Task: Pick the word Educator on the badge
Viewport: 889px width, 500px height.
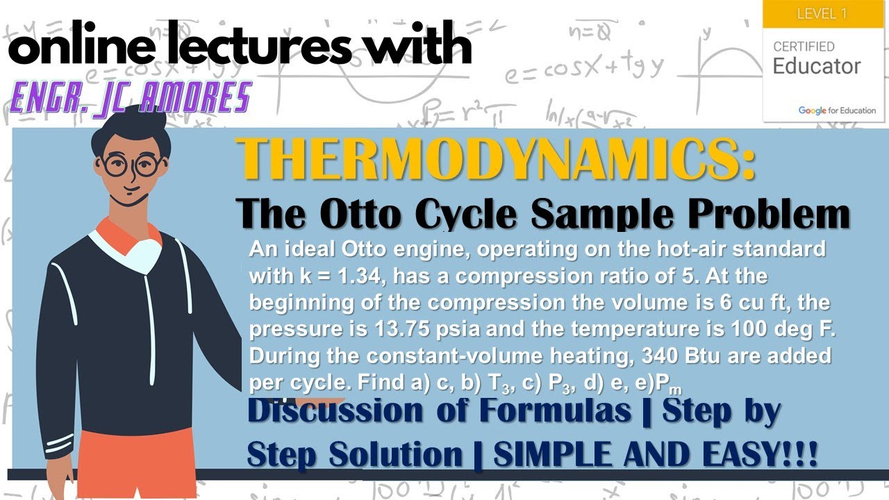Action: tap(817, 67)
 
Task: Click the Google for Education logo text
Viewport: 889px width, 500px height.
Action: tap(836, 110)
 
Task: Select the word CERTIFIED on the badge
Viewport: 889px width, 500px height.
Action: tap(804, 47)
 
